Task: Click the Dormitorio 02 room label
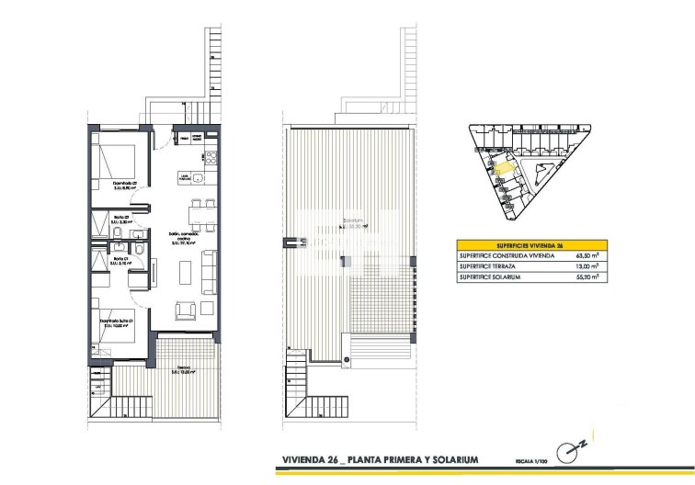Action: click(125, 182)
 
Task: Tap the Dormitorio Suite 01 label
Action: click(121, 320)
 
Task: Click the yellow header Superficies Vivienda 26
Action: click(529, 246)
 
